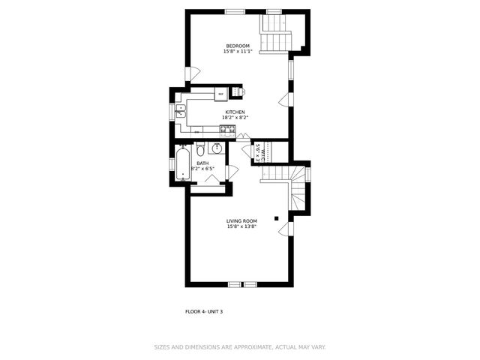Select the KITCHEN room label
pyautogui.click(x=235, y=112)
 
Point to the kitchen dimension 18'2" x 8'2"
pyautogui.click(x=235, y=118)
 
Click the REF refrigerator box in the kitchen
pyautogui.click(x=220, y=94)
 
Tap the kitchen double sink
pyautogui.click(x=181, y=112)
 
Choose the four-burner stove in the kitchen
pyautogui.click(x=227, y=130)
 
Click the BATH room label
pyautogui.click(x=202, y=163)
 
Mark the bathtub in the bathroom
pyautogui.click(x=182, y=164)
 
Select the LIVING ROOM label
pyautogui.click(x=241, y=221)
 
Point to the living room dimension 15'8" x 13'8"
pyautogui.click(x=241, y=226)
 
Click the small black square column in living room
pyautogui.click(x=277, y=218)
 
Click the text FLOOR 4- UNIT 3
pyautogui.click(x=204, y=311)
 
